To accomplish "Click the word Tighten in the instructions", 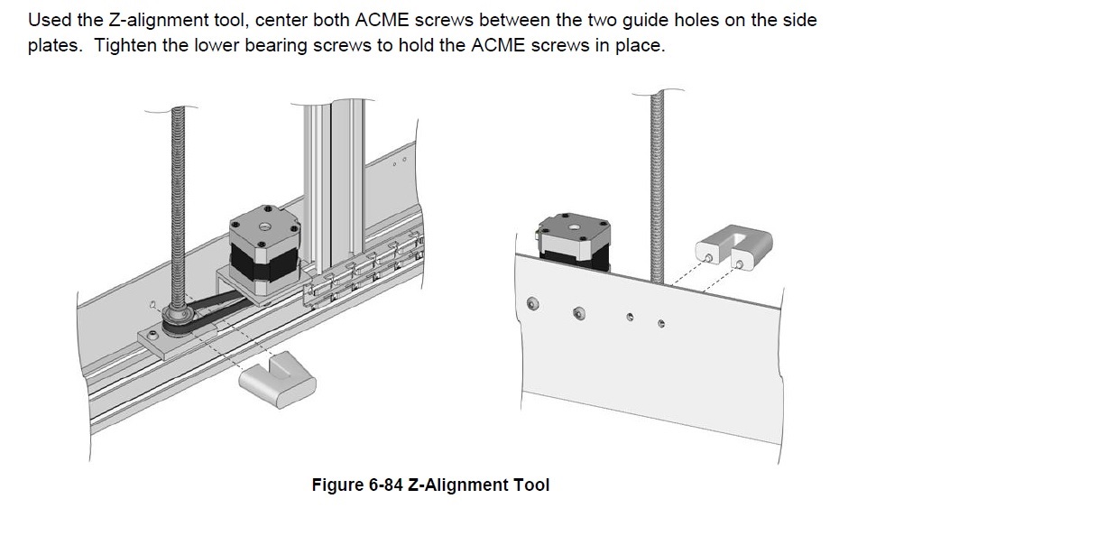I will tap(125, 46).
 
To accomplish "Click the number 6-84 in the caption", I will tap(387, 485).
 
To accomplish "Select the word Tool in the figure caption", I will tap(530, 485).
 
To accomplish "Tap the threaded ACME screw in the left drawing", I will tap(178, 199).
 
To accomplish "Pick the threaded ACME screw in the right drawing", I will tap(658, 180).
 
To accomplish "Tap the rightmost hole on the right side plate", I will tap(661, 323).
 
